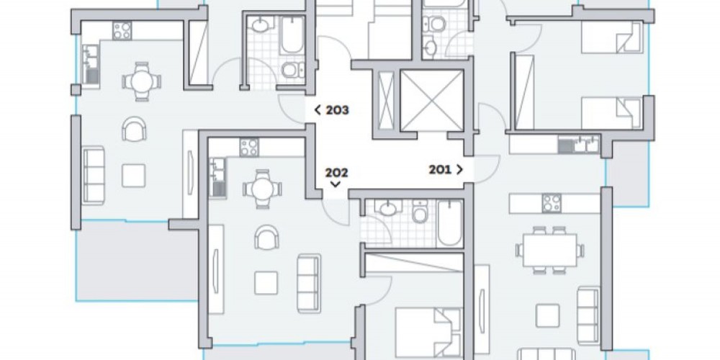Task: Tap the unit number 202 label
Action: point(336,173)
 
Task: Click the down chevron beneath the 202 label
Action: point(336,184)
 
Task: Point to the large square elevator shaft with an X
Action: point(431,101)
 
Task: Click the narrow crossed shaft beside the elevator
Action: point(386,101)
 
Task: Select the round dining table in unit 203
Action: point(142,82)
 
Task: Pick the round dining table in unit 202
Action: point(262,189)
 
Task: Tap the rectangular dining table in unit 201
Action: point(549,251)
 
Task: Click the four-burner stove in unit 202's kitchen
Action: point(249,148)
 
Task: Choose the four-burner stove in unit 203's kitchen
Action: point(122,31)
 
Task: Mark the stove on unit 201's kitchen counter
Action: point(552,203)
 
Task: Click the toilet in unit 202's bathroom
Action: point(420,212)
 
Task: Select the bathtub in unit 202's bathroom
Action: point(450,223)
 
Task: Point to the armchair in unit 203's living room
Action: point(134,129)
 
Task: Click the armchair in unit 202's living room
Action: point(267,237)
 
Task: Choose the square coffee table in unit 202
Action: point(266,283)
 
